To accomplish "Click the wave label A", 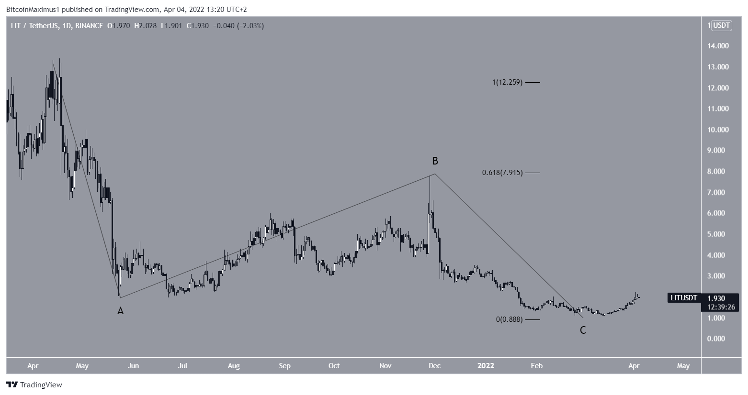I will tap(121, 311).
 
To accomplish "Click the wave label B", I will tap(435, 161).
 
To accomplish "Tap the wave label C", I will tap(583, 330).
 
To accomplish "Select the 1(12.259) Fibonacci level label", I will tap(507, 82).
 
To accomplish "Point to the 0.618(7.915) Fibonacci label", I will tap(502, 173).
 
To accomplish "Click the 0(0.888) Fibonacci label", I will tap(509, 319).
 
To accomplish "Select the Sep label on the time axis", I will tap(284, 366).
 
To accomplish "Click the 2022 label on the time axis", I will tap(486, 366).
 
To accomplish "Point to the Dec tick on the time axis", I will tap(434, 366).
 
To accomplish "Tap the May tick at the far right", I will tap(683, 366).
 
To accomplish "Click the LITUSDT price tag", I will tap(683, 298).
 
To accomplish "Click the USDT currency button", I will tap(722, 25).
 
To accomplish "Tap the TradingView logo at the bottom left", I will tap(34, 384).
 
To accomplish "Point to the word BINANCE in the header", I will tap(89, 26).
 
